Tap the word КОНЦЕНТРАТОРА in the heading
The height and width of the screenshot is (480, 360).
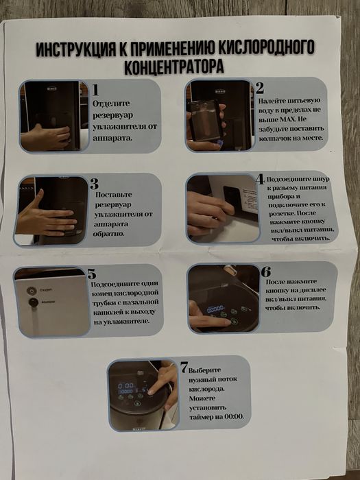pos(175,67)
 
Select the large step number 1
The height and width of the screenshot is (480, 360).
pos(96,90)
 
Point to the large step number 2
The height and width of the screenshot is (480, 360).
pos(259,88)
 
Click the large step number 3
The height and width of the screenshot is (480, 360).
pos(95,183)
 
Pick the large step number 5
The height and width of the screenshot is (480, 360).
pos(92,274)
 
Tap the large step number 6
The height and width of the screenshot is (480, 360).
pos(266,272)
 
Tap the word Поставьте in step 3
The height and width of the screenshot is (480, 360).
pos(114,195)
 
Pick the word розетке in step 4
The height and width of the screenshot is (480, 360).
pos(282,213)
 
